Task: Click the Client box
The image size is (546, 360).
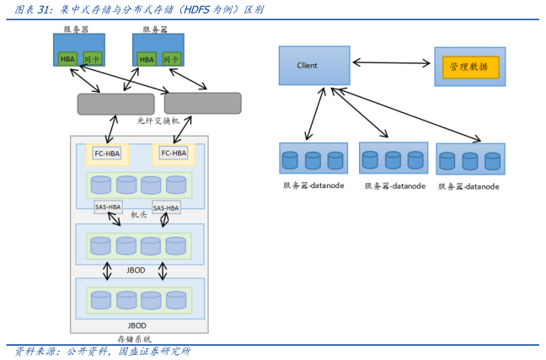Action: tap(313, 65)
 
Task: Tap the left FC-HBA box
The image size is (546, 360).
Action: tap(107, 153)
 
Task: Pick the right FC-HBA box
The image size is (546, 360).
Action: tap(174, 153)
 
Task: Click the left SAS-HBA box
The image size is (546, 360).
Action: tap(107, 207)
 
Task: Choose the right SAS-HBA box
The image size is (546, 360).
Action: tap(165, 207)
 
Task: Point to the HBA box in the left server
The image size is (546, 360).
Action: tap(67, 59)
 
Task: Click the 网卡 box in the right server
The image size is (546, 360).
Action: tap(170, 59)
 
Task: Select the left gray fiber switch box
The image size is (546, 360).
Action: tap(115, 104)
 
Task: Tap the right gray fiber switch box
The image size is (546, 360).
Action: tap(202, 103)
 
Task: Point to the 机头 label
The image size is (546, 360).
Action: tap(138, 215)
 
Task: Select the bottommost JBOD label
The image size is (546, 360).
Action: tap(136, 325)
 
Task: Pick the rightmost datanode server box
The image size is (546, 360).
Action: tap(470, 159)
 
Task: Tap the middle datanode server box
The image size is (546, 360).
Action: tap(393, 159)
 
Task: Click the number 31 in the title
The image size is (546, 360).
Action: tap(38, 10)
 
